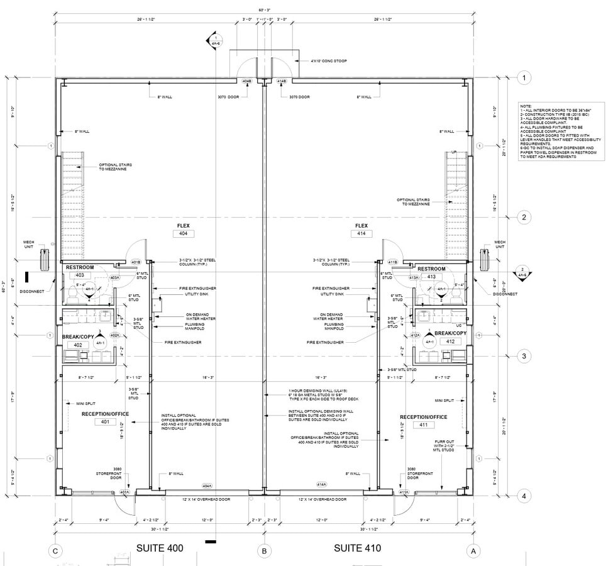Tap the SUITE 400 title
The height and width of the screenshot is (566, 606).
160,548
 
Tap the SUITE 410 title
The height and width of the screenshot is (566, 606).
357,548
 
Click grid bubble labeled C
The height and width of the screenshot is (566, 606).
56,551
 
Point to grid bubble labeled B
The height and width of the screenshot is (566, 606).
265,552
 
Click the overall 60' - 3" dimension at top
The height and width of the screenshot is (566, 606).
264,10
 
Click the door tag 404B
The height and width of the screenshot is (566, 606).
248,81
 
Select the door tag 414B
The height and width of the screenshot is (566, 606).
282,81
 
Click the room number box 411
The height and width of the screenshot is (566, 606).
424,425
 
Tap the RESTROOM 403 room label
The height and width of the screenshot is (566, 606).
80,268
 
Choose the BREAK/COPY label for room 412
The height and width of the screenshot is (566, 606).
450,333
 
